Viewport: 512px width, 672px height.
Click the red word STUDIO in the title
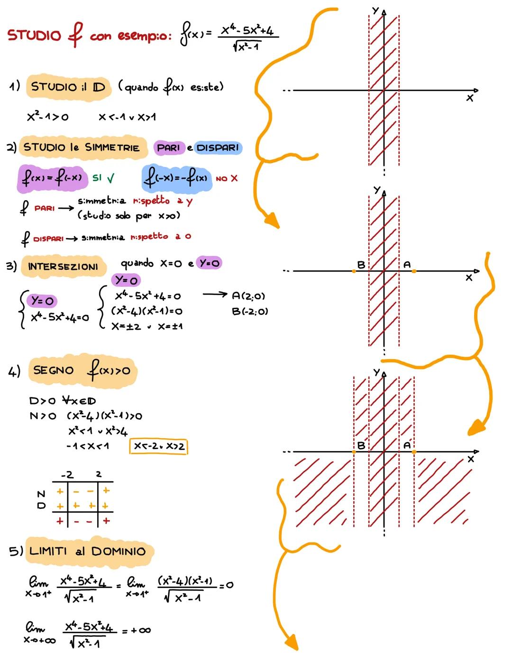coord(34,36)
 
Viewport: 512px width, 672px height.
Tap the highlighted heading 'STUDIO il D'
coord(68,87)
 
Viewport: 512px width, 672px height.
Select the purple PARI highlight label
coord(168,147)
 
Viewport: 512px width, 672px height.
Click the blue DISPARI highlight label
coord(218,147)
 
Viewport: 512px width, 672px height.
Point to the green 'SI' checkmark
coord(103,178)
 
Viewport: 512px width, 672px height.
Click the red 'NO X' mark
coord(227,178)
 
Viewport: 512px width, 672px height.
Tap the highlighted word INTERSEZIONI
coord(63,267)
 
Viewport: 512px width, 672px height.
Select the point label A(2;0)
coord(248,296)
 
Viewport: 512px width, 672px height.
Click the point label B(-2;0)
coord(250,312)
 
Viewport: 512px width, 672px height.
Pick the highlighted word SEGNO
coord(54,370)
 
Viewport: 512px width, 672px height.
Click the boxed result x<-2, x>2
coord(159,446)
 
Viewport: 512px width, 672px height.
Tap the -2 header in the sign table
coord(67,474)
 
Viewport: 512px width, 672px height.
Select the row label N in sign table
coord(41,494)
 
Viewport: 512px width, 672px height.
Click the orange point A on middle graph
coord(414,271)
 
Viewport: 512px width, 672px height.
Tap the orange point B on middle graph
coord(354,271)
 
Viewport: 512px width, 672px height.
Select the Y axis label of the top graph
coord(375,10)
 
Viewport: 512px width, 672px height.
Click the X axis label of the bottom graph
coord(470,459)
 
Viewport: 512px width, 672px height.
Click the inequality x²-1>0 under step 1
coord(47,117)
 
